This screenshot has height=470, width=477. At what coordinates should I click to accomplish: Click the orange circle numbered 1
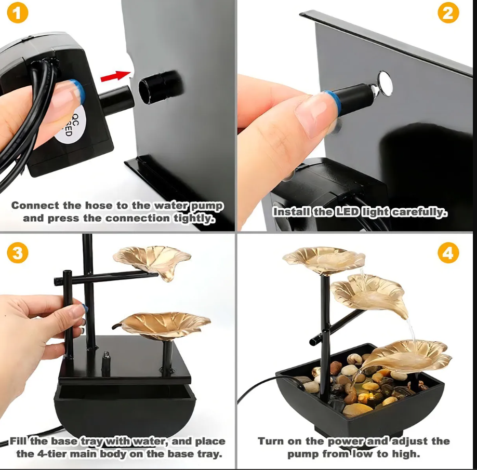17,14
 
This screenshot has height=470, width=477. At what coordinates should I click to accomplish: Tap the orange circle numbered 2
447,14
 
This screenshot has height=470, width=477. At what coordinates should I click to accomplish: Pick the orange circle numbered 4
447,253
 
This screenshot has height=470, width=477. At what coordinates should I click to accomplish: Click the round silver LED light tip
385,80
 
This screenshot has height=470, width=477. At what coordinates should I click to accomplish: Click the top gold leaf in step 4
324,259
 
